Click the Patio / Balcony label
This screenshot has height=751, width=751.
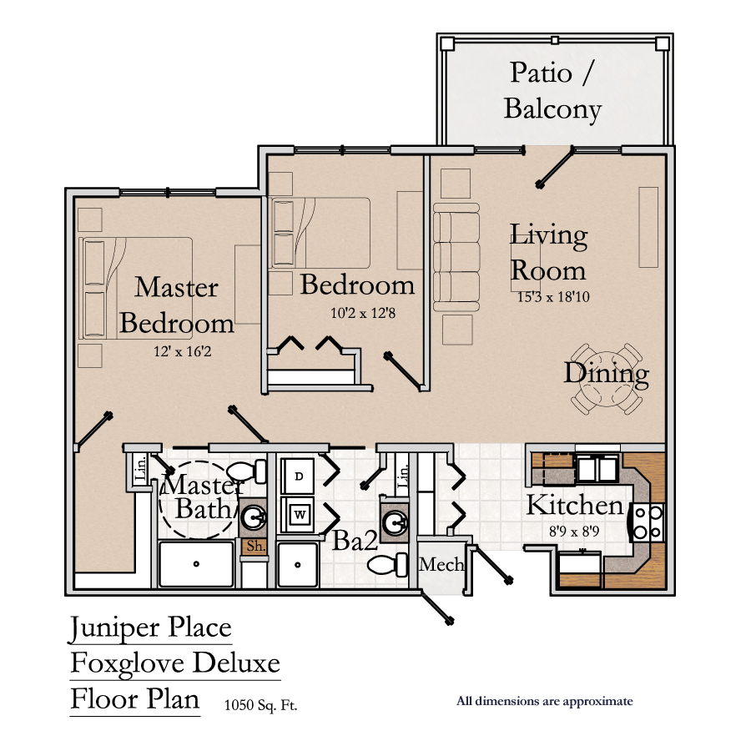552,91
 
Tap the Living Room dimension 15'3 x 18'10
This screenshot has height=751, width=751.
553,297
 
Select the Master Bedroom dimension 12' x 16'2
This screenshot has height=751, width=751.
183,351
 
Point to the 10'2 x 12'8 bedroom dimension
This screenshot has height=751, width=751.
363,313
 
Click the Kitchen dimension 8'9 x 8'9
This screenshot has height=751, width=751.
574,532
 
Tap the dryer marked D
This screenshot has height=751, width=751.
298,476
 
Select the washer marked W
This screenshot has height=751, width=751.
298,515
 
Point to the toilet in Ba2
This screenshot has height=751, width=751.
387,565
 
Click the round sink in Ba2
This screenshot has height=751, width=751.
396,521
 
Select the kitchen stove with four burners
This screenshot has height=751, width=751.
648,522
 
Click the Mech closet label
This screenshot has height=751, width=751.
441,565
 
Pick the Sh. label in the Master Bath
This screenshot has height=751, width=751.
256,547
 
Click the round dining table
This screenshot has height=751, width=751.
607,378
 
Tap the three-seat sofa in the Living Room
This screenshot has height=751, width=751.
456,258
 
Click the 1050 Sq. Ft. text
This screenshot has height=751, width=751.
260,705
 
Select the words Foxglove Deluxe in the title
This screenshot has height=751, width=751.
175,663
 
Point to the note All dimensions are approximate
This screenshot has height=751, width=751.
545,701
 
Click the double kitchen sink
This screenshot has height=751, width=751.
597,469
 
